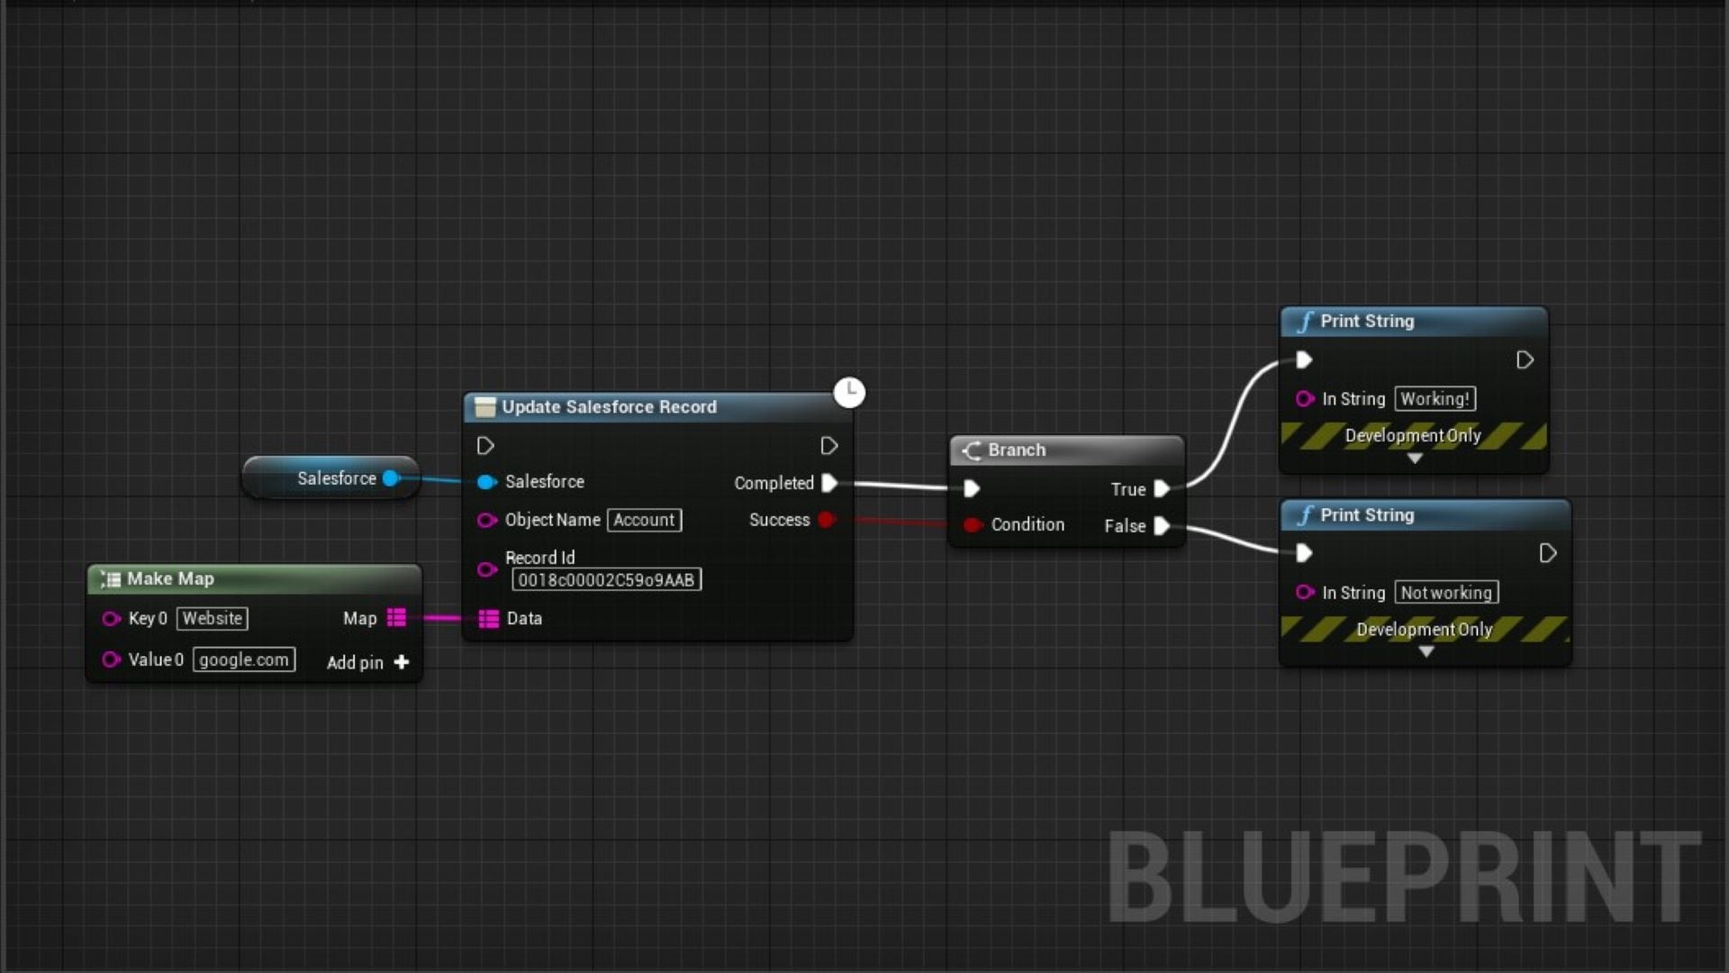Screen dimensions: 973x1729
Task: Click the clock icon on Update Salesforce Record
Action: point(848,392)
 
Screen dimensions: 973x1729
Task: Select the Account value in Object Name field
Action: point(644,520)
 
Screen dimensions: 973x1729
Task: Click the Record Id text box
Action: point(606,580)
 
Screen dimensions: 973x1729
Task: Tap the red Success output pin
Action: point(826,520)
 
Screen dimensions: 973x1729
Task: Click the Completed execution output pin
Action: point(829,483)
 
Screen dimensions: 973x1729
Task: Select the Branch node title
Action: point(1016,450)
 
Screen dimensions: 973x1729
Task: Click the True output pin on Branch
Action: point(1162,489)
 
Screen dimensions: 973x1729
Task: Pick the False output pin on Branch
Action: point(1162,526)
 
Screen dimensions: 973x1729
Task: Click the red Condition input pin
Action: point(971,524)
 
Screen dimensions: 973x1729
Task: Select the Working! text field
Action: point(1435,399)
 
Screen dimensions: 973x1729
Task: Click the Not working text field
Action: point(1446,593)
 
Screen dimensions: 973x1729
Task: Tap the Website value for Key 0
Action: point(212,619)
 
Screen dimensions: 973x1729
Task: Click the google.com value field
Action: point(243,659)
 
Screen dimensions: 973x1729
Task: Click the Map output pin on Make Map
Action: point(396,618)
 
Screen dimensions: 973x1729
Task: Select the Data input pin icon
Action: point(488,619)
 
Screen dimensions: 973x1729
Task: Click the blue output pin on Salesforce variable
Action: point(391,478)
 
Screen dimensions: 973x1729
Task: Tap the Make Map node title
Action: point(170,578)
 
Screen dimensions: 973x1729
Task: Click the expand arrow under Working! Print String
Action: point(1415,459)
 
